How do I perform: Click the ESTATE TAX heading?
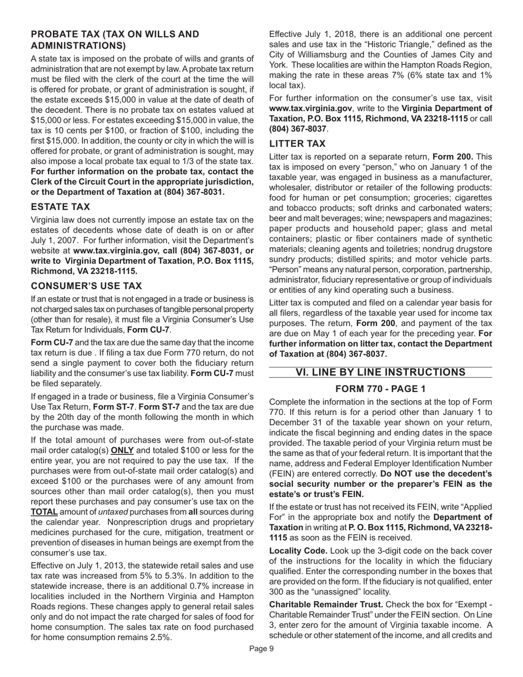click(61, 207)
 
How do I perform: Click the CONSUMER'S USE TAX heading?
click(86, 286)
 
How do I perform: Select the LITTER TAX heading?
click(297, 144)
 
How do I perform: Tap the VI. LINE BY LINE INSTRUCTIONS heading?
click(380, 373)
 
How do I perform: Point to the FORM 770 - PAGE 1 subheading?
click(380, 389)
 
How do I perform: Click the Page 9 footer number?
click(261, 664)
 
